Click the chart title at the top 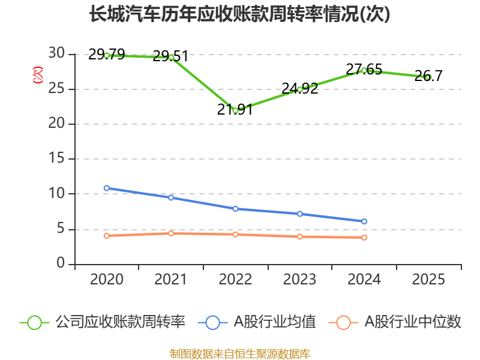(x=240, y=14)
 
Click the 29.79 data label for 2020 (x=106, y=55)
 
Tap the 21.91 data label (x=235, y=110)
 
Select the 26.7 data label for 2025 (x=428, y=76)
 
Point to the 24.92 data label (x=299, y=89)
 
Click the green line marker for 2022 (x=235, y=111)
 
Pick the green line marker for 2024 (x=364, y=71)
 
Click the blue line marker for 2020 (x=107, y=188)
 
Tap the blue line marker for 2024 (x=364, y=221)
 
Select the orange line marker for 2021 (x=171, y=233)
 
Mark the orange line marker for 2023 (x=299, y=236)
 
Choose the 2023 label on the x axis (x=299, y=280)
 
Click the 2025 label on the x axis (x=428, y=280)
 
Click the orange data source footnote (x=240, y=353)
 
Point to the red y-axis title (x=38, y=75)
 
